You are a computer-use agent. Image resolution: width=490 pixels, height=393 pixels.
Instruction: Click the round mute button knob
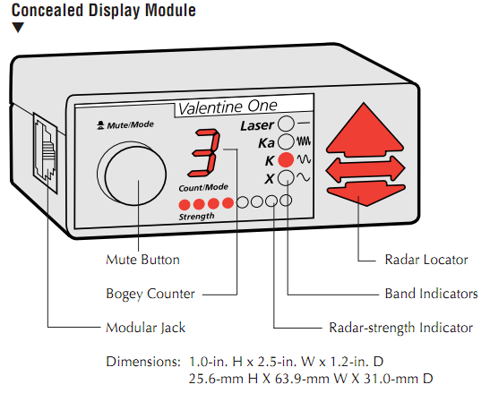pos(135,175)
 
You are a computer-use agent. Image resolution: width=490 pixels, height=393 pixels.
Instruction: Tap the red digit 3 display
pos(204,153)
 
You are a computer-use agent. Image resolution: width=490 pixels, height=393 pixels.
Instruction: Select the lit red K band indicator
pos(286,160)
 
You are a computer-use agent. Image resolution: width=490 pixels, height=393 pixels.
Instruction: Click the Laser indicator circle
pos(286,124)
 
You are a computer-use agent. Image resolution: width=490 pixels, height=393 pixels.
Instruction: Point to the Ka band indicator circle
pos(286,141)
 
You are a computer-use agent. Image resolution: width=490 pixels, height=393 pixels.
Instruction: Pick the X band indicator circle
pos(286,178)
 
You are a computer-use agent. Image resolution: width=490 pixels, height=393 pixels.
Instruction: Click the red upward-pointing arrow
pos(365,132)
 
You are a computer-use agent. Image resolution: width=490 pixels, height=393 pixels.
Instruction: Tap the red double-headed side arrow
pos(365,169)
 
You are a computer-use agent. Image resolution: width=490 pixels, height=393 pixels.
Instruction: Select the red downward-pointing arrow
pos(366,193)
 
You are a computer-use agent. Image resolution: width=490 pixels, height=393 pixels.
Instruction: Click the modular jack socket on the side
pos(46,153)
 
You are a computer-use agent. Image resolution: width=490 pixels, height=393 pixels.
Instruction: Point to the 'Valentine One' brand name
pos(228,107)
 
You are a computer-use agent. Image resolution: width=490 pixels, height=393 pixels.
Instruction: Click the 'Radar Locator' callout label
pos(426,260)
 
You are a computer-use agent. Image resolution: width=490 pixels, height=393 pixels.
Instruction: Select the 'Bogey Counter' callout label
pos(150,294)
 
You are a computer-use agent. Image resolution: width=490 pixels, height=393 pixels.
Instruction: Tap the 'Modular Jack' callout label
pos(146,328)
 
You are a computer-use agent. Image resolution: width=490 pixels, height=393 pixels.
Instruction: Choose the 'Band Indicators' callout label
pos(431,294)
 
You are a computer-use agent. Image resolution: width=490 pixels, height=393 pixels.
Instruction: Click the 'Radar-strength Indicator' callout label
pos(401,328)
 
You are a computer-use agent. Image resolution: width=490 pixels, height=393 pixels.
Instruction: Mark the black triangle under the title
pos(18,27)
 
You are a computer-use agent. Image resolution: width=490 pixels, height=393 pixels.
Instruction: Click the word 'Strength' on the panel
pos(196,216)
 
